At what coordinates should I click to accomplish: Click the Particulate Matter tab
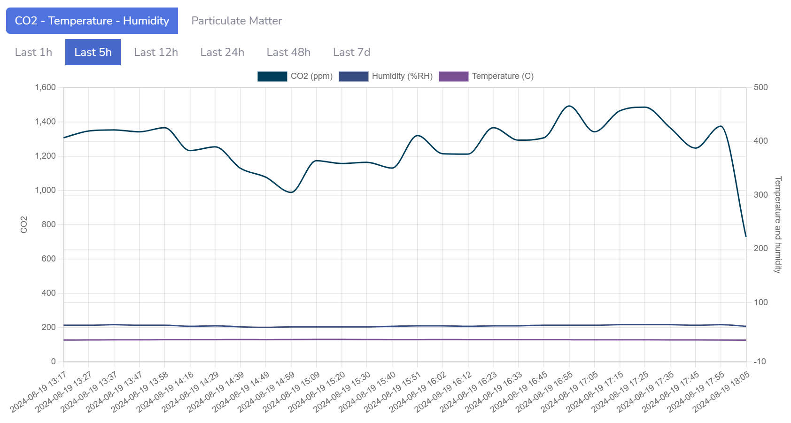[x=236, y=21]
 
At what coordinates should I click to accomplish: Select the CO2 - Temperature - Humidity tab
[x=92, y=21]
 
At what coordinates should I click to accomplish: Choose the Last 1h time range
[x=33, y=52]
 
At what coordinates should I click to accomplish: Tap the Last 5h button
[x=93, y=52]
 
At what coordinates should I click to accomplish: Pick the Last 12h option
[x=156, y=52]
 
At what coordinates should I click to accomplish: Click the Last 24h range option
[x=222, y=52]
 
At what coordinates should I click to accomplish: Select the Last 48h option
[x=288, y=52]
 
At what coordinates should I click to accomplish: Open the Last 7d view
[x=351, y=52]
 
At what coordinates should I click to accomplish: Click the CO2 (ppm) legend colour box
[x=272, y=76]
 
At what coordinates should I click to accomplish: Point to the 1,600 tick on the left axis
[x=45, y=87]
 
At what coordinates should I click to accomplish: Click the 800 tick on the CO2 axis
[x=48, y=224]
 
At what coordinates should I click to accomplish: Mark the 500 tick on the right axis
[x=760, y=87]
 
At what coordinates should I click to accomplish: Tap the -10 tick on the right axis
[x=760, y=361]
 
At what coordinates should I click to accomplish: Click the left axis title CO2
[x=24, y=224]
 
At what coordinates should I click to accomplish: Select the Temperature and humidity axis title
[x=778, y=224]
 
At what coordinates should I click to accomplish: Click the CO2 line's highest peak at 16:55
[x=569, y=106]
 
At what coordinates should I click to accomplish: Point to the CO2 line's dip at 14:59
[x=291, y=192]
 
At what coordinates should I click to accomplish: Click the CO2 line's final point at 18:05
[x=746, y=236]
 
